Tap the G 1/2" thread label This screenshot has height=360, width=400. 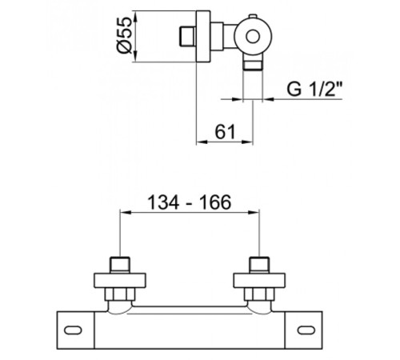(x=314, y=89)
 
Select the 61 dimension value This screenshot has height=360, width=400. (x=226, y=131)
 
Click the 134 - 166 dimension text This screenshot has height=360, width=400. (x=189, y=202)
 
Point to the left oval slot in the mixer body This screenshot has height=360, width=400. (x=73, y=330)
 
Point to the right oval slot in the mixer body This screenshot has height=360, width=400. (x=306, y=330)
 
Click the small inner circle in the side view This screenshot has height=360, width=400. (x=253, y=37)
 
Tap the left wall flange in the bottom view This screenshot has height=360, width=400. (x=120, y=281)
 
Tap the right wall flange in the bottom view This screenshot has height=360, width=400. (x=259, y=281)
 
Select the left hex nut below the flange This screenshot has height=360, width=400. (x=120, y=294)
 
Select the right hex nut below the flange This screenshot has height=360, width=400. (x=259, y=294)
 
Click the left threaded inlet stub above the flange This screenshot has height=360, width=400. (x=120, y=265)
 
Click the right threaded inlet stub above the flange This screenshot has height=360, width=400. (x=259, y=265)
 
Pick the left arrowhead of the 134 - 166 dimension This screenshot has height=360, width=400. (x=126, y=212)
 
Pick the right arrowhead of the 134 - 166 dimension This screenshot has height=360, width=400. (x=254, y=212)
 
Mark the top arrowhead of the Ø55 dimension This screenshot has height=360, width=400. (x=135, y=16)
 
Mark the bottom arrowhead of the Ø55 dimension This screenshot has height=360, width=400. (x=135, y=57)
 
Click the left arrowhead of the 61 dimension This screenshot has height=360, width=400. (x=202, y=142)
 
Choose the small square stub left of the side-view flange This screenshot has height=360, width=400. (x=188, y=37)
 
